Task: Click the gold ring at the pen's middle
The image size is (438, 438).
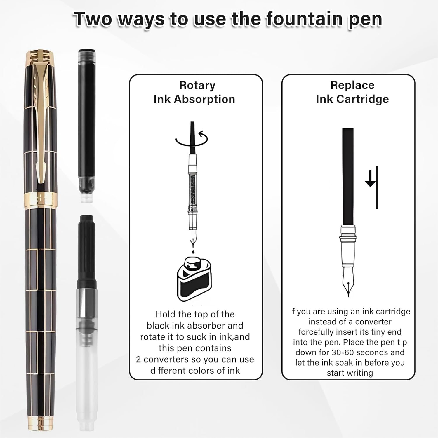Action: coord(41,200)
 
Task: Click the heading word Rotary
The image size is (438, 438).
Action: coord(197,85)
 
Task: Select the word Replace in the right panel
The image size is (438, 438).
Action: coord(352,85)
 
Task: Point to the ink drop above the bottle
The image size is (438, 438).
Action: coord(193,251)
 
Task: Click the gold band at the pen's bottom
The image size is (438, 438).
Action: coord(41,424)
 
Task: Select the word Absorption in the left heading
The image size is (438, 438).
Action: coord(205,99)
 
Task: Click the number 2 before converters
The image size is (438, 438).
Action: coord(138,359)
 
